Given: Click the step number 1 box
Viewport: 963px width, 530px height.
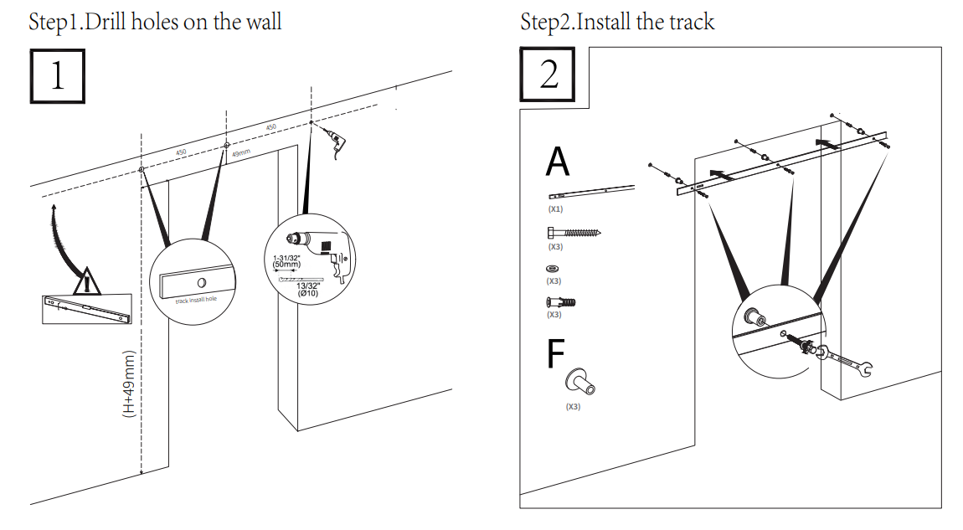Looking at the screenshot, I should [57, 76].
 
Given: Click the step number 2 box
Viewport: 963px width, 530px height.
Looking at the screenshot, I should [549, 75].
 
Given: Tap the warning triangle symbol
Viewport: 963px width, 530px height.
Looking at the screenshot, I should [87, 282].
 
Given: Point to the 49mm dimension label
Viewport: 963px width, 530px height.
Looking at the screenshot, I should [240, 153].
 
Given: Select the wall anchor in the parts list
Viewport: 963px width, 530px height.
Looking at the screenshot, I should [560, 302].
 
